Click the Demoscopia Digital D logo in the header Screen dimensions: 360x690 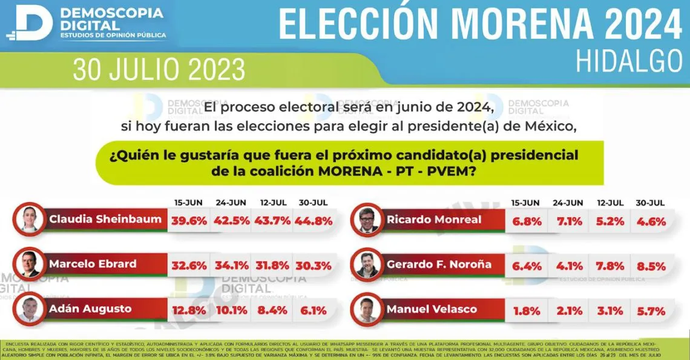click(33, 23)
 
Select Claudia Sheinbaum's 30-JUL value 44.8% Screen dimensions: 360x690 click(313, 220)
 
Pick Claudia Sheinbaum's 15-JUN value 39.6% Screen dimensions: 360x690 click(188, 220)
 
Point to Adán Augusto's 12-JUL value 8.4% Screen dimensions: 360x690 click(272, 310)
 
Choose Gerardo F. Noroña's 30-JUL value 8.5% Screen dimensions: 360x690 click(651, 266)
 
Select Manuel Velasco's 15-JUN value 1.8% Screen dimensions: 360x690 click(526, 311)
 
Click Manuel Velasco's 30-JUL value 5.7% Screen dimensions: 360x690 click(651, 311)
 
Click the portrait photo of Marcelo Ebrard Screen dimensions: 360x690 click(30, 264)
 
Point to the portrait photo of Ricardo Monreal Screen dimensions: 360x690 click(367, 220)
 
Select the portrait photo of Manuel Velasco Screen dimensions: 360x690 click(367, 309)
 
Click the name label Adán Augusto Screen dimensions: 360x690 click(90, 309)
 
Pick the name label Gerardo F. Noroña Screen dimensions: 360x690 click(439, 265)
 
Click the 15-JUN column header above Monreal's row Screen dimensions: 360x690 click(526, 203)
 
